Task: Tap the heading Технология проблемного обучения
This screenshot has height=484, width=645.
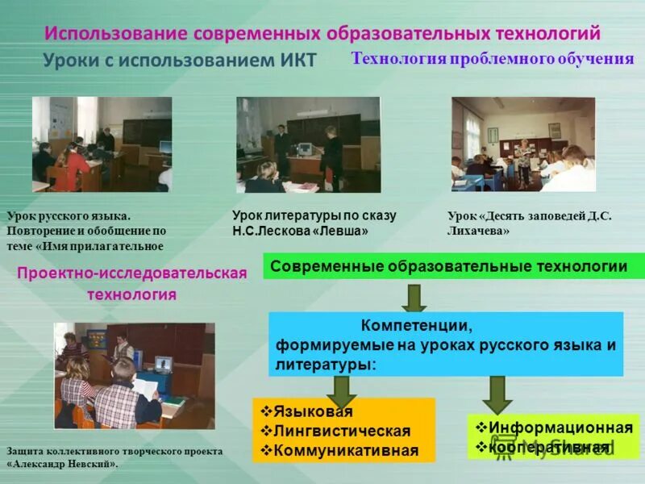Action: point(493,59)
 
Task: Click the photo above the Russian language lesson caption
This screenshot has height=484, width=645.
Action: point(102,144)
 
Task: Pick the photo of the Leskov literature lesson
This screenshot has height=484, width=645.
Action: point(308,144)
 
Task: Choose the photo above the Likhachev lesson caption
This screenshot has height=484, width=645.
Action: point(523,144)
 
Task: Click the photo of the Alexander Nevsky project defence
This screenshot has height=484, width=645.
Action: point(135,375)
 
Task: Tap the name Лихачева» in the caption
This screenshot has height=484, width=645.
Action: point(478,231)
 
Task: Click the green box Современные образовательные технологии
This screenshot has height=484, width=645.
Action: point(454,266)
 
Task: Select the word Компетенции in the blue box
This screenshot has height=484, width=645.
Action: point(416,327)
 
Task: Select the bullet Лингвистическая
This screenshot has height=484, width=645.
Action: point(341,431)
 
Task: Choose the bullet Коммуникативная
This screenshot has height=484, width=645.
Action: point(346,450)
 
